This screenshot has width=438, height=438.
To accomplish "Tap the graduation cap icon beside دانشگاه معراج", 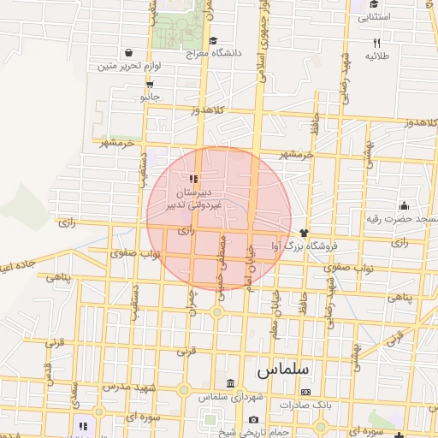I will tap(213, 39).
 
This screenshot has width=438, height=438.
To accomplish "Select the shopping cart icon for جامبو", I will tap(150, 85).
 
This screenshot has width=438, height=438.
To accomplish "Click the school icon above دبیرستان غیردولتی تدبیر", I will tap(193, 180).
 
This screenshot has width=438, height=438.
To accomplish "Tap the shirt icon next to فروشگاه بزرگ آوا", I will tap(303, 232).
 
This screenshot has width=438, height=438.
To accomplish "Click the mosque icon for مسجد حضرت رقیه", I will tap(404, 205).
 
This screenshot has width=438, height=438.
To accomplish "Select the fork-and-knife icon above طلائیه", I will tap(376, 43).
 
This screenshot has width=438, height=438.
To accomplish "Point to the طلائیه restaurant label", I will tap(377, 56).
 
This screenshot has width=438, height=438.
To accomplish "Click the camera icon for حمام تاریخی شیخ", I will tap(254, 419).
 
